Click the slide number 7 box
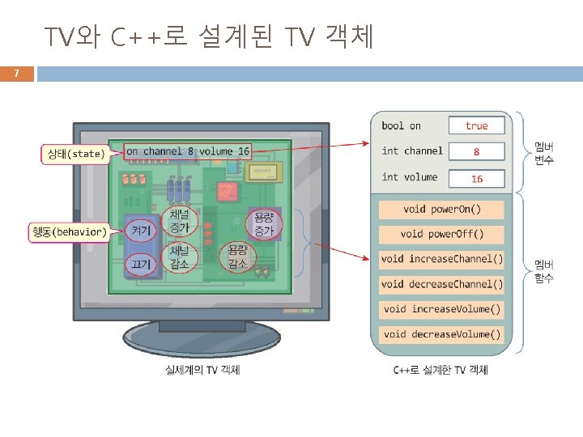coord(17,74)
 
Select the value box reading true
coord(476,125)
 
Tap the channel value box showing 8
coord(476,151)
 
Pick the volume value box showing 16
coord(476,177)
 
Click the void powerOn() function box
coord(441,210)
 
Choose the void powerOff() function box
coord(441,235)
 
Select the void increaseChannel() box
coord(441,260)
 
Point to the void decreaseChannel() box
coord(441,284)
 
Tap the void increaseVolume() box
coord(441,309)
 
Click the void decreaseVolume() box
coord(441,334)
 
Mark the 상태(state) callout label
coord(74,153)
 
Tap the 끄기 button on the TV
coord(141,263)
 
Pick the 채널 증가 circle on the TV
coord(180,221)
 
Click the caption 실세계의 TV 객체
coord(202,370)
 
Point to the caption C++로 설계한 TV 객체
coord(440,370)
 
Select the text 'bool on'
coord(402,125)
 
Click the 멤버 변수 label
coord(543,154)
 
